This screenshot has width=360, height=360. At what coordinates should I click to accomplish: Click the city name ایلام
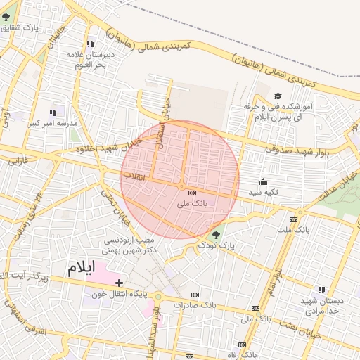(x=85, y=268)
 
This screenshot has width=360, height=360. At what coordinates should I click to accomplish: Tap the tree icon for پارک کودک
(x=216, y=236)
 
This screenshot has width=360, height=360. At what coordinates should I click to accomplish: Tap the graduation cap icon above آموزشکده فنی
(x=277, y=96)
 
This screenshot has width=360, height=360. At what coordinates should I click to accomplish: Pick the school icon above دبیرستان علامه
(x=89, y=44)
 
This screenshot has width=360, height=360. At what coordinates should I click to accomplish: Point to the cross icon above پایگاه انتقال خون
(x=119, y=283)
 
